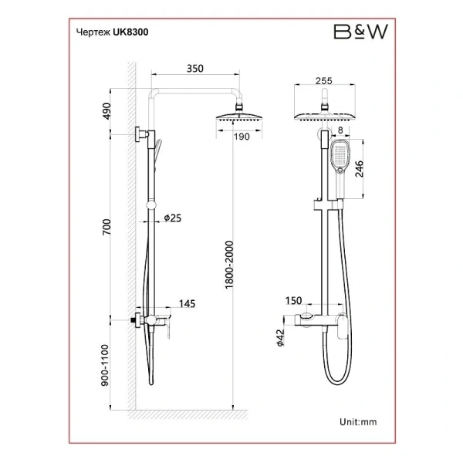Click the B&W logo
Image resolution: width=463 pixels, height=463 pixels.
click(360, 32)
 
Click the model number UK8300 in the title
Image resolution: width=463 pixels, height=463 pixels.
click(130, 32)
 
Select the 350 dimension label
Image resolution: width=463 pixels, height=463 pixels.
click(195, 69)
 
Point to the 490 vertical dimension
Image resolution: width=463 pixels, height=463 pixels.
click(106, 111)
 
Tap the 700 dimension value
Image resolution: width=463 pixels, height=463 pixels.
click(106, 227)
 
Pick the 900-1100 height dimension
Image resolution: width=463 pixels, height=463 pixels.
click(105, 365)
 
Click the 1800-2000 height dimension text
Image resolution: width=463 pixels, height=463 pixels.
click(229, 265)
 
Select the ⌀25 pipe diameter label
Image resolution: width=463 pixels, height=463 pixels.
click(173, 218)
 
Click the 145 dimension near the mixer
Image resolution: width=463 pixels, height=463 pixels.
click(188, 303)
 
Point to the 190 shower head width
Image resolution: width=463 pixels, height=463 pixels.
click(242, 137)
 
